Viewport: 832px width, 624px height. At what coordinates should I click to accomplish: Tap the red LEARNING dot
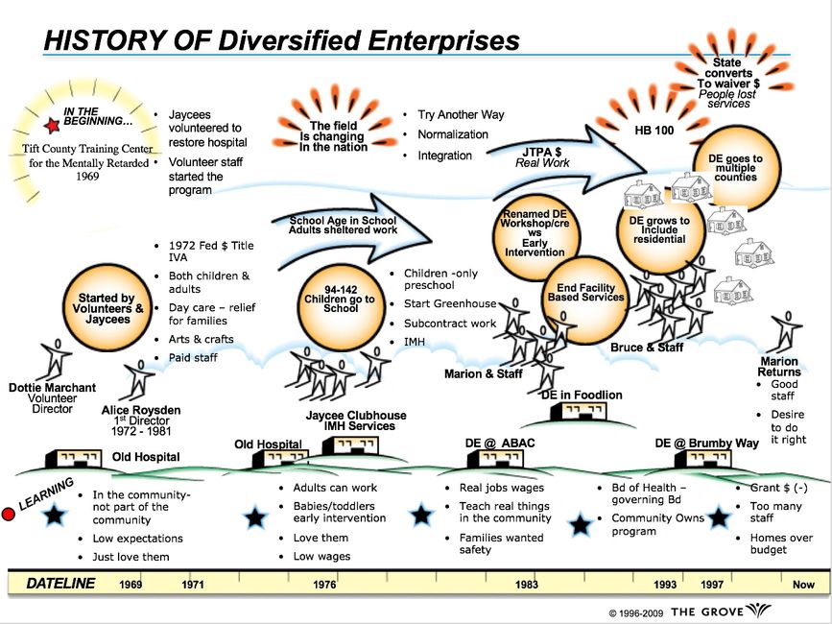pyautogui.click(x=9, y=515)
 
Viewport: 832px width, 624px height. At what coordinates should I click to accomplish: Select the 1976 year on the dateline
pyautogui.click(x=325, y=583)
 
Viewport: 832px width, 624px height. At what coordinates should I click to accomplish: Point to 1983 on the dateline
pyautogui.click(x=527, y=583)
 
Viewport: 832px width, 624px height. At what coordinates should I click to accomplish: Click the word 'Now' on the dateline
pyautogui.click(x=803, y=583)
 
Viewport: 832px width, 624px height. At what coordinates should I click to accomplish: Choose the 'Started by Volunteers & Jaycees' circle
pyautogui.click(x=106, y=308)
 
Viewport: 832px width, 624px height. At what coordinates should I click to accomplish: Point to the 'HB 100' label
pyautogui.click(x=653, y=129)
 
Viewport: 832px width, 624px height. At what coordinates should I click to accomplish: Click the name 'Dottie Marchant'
pyautogui.click(x=52, y=388)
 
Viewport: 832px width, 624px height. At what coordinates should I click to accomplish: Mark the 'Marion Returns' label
pyautogui.click(x=778, y=367)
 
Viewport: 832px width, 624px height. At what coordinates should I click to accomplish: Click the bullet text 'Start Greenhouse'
pyautogui.click(x=450, y=303)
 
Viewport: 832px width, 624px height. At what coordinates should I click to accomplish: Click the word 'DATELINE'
pyautogui.click(x=60, y=583)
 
